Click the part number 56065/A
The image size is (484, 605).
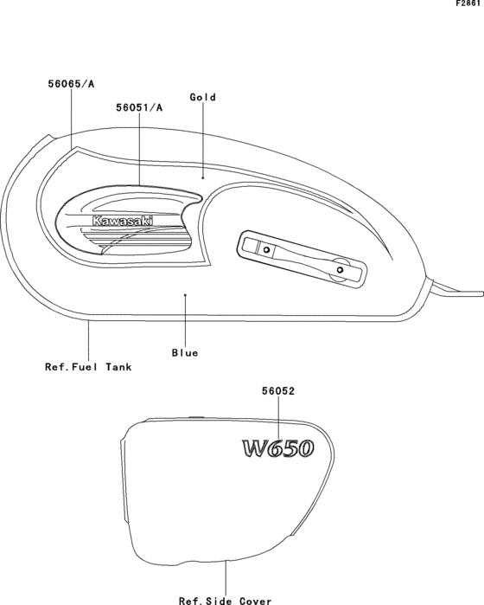pos(71,84)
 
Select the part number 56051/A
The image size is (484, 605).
pos(139,107)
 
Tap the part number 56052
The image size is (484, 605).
pos(278,391)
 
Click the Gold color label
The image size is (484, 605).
pos(203,97)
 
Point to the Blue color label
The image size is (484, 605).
pos(185,353)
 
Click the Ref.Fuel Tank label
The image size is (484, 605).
pos(88,367)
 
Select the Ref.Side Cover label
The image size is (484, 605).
pos(226,601)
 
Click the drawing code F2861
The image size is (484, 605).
pos(468,3)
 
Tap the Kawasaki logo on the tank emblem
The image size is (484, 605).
pos(123,221)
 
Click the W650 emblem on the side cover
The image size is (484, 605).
pos(278,449)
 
